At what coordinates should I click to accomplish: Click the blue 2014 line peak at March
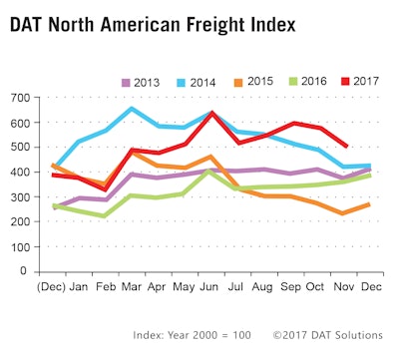tap(132, 109)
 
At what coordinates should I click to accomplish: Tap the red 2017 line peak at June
tap(211, 114)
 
